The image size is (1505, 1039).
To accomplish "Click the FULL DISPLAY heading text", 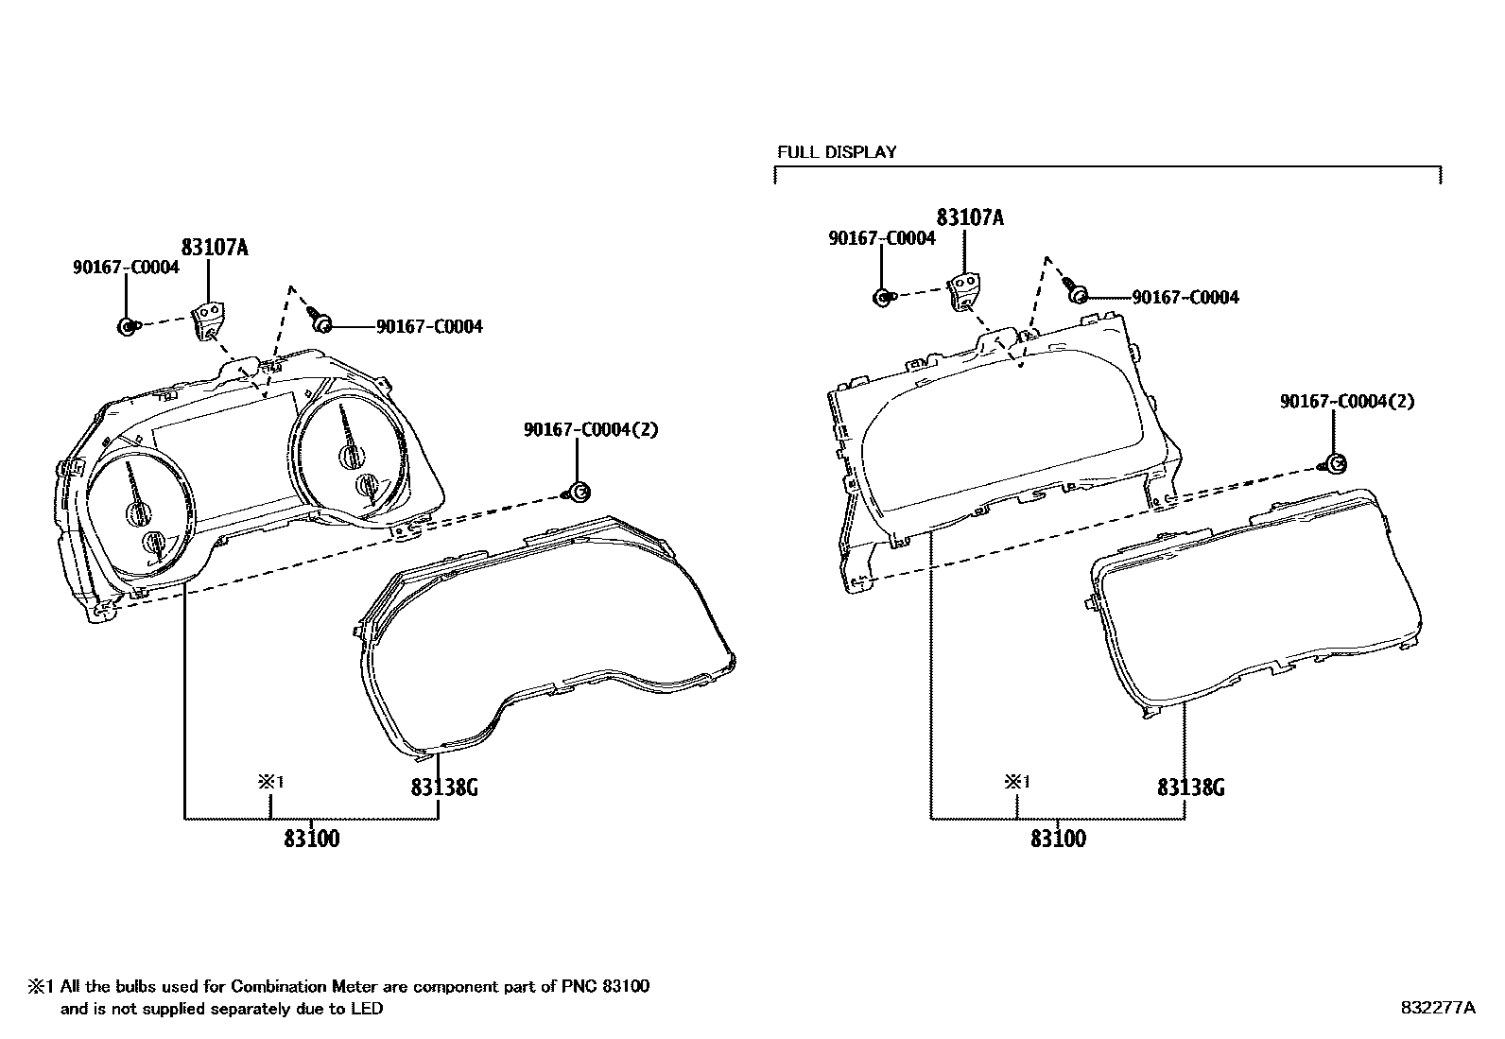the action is pyautogui.click(x=837, y=151).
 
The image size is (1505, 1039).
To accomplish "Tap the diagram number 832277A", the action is pyautogui.click(x=1437, y=1008).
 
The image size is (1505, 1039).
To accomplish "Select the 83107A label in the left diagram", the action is pyautogui.click(x=215, y=248).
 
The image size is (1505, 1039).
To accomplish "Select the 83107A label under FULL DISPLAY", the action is pyautogui.click(x=970, y=218).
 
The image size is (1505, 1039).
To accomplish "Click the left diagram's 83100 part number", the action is pyautogui.click(x=311, y=838).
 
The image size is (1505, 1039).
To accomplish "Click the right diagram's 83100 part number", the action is pyautogui.click(x=1058, y=838).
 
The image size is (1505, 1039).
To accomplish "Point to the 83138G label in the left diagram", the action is pyautogui.click(x=443, y=787).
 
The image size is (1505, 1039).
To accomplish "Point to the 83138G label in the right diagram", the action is pyautogui.click(x=1190, y=787).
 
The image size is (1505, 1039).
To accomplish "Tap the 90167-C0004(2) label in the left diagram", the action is pyautogui.click(x=591, y=429).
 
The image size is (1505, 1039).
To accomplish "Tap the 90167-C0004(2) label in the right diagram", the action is pyautogui.click(x=1347, y=401).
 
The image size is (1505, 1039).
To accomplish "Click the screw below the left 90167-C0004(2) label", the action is pyautogui.click(x=579, y=491).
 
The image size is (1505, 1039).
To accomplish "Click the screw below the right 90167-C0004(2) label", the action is pyautogui.click(x=1334, y=463).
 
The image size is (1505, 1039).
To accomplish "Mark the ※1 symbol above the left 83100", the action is pyautogui.click(x=271, y=782).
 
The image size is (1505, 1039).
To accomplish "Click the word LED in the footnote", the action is pyautogui.click(x=368, y=1009).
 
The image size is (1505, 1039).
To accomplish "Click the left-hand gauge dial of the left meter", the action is pyautogui.click(x=140, y=506).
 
